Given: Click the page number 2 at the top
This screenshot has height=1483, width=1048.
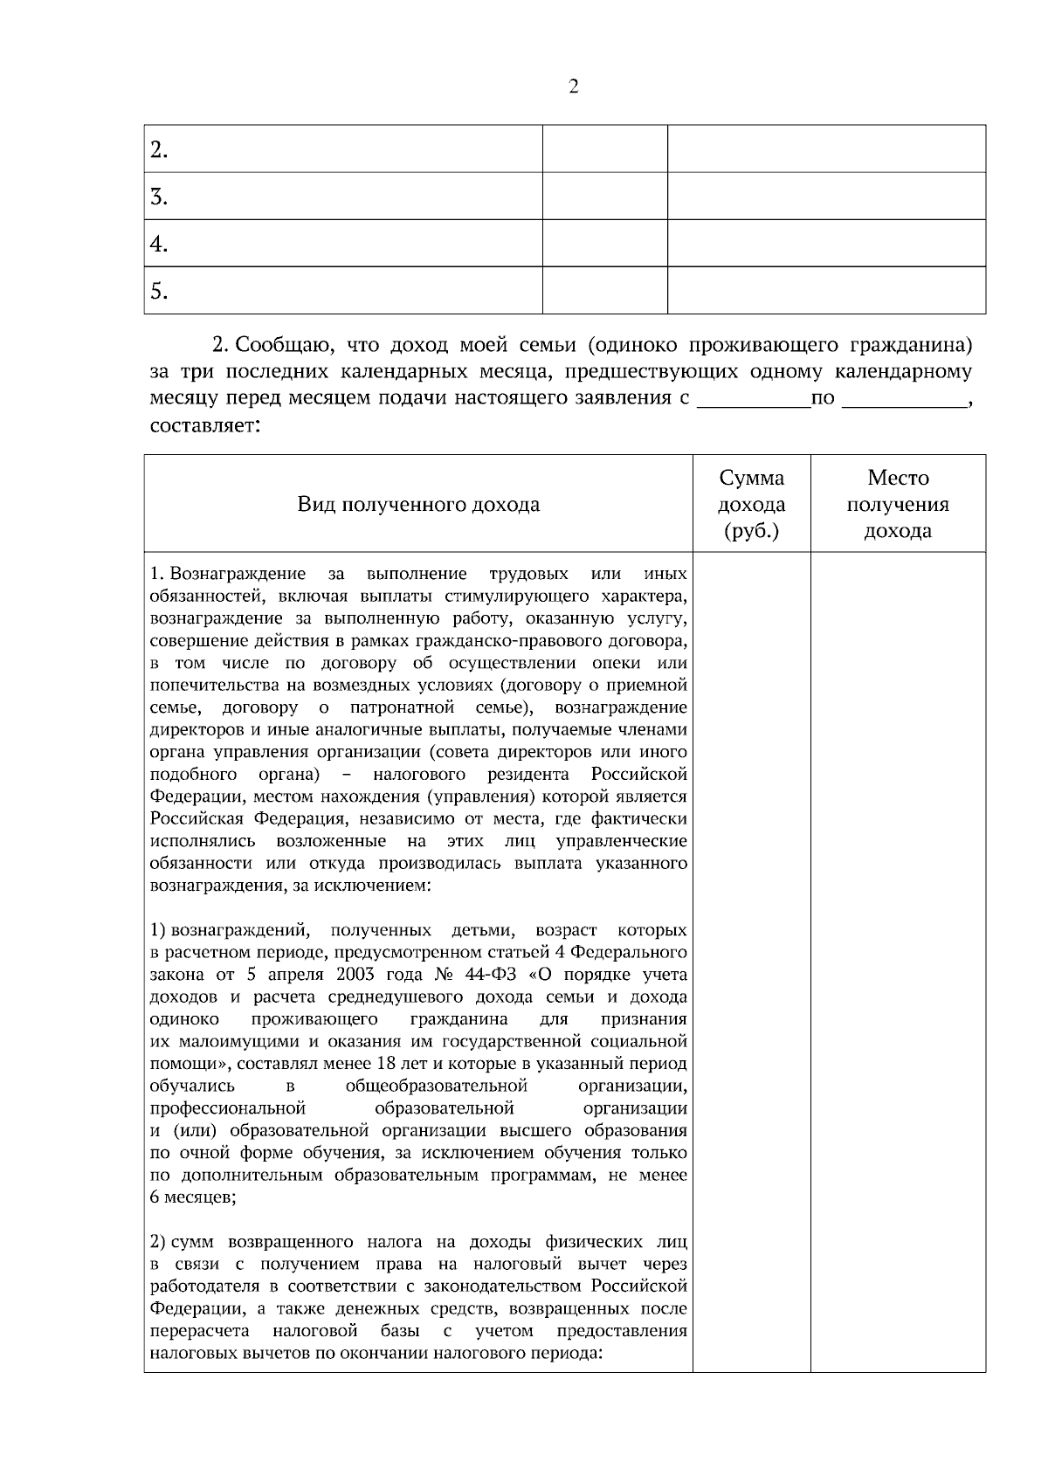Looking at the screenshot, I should point(573,86).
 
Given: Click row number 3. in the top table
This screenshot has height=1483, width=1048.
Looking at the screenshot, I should point(159,197).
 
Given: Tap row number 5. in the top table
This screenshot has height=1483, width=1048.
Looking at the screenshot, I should point(159,291).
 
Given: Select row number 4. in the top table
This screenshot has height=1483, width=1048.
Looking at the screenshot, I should point(159,244).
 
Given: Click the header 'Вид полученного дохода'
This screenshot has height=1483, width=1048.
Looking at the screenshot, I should point(418,504).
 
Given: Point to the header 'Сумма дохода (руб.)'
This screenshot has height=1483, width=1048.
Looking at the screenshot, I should point(751,504).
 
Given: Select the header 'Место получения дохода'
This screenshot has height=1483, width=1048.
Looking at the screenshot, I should point(898,504).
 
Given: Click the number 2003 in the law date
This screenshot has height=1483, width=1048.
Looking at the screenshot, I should point(359,975).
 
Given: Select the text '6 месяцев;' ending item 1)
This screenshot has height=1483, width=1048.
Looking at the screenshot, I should point(193,1197).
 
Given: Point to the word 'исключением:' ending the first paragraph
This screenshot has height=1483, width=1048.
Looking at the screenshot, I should point(381,886).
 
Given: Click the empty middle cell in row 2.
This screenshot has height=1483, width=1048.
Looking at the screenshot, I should point(604,149).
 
